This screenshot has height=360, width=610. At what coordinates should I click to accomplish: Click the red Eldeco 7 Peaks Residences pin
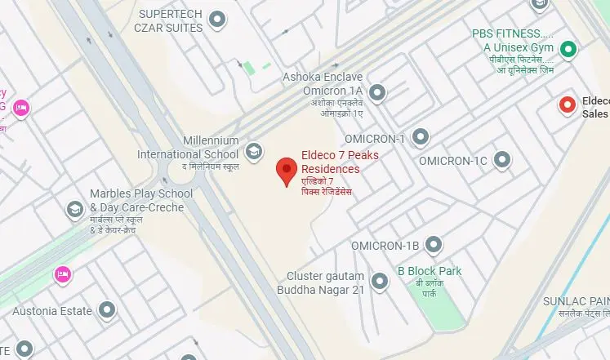pyautogui.click(x=285, y=171)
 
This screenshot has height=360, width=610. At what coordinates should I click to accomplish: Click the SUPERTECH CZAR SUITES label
pyautogui.click(x=170, y=21)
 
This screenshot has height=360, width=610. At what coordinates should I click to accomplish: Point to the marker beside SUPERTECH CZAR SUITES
pyautogui.click(x=217, y=20)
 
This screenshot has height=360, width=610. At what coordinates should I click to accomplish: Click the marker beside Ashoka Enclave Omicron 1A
pyautogui.click(x=376, y=94)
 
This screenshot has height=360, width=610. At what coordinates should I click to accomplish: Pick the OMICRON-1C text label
pyautogui.click(x=455, y=161)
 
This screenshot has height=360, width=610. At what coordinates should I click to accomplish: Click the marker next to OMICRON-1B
pyautogui.click(x=434, y=245)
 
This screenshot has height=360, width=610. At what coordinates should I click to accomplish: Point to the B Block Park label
pyautogui.click(x=429, y=271)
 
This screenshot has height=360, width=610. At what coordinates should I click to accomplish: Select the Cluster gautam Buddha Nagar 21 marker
pyautogui.click(x=379, y=282)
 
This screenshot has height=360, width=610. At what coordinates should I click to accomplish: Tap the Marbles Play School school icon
pyautogui.click(x=75, y=210)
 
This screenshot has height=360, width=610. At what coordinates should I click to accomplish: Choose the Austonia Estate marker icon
pyautogui.click(x=107, y=309)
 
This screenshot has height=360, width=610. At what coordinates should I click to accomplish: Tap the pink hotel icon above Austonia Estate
pyautogui.click(x=60, y=273)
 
